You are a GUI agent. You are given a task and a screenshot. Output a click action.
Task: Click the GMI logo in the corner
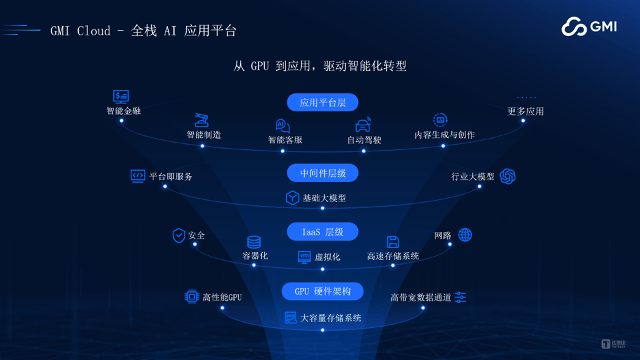pyautogui.click(x=589, y=27)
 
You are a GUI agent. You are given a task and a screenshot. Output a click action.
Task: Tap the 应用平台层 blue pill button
pyautogui.click(x=323, y=103)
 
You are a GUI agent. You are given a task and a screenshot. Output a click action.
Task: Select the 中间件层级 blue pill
pyautogui.click(x=323, y=173)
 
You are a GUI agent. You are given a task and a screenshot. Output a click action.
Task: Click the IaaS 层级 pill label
pyautogui.click(x=323, y=232)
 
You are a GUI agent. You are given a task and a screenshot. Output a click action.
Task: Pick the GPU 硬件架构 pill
pyautogui.click(x=323, y=291)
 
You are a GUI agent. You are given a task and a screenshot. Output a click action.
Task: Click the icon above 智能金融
pyautogui.click(x=121, y=97)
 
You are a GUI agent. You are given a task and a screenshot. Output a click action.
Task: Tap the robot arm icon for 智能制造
pyautogui.click(x=201, y=120)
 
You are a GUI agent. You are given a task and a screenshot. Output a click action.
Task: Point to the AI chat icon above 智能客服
pyautogui.click(x=283, y=126)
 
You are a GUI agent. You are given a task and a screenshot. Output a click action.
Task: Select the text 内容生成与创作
pyautogui.click(x=445, y=135)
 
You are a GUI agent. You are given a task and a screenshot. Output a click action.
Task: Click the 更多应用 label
pyautogui.click(x=525, y=111)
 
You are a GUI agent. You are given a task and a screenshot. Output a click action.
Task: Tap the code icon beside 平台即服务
pyautogui.click(x=137, y=176)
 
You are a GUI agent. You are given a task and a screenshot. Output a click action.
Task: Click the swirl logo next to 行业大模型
pyautogui.click(x=508, y=176)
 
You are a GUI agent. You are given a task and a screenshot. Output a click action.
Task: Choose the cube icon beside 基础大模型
pyautogui.click(x=292, y=198)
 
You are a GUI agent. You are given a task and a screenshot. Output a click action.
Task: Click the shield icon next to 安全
pyautogui.click(x=179, y=235)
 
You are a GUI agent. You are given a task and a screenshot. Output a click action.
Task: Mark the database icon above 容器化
pyautogui.click(x=254, y=242)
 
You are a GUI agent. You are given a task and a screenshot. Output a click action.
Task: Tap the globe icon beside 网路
pyautogui.click(x=465, y=235)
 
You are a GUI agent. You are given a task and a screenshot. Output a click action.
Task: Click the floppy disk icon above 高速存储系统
pyautogui.click(x=393, y=241)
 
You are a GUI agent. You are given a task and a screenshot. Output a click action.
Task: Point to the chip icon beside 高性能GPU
pyautogui.click(x=191, y=297)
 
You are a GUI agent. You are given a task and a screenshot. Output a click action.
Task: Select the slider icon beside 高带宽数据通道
pyautogui.click(x=461, y=297)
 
